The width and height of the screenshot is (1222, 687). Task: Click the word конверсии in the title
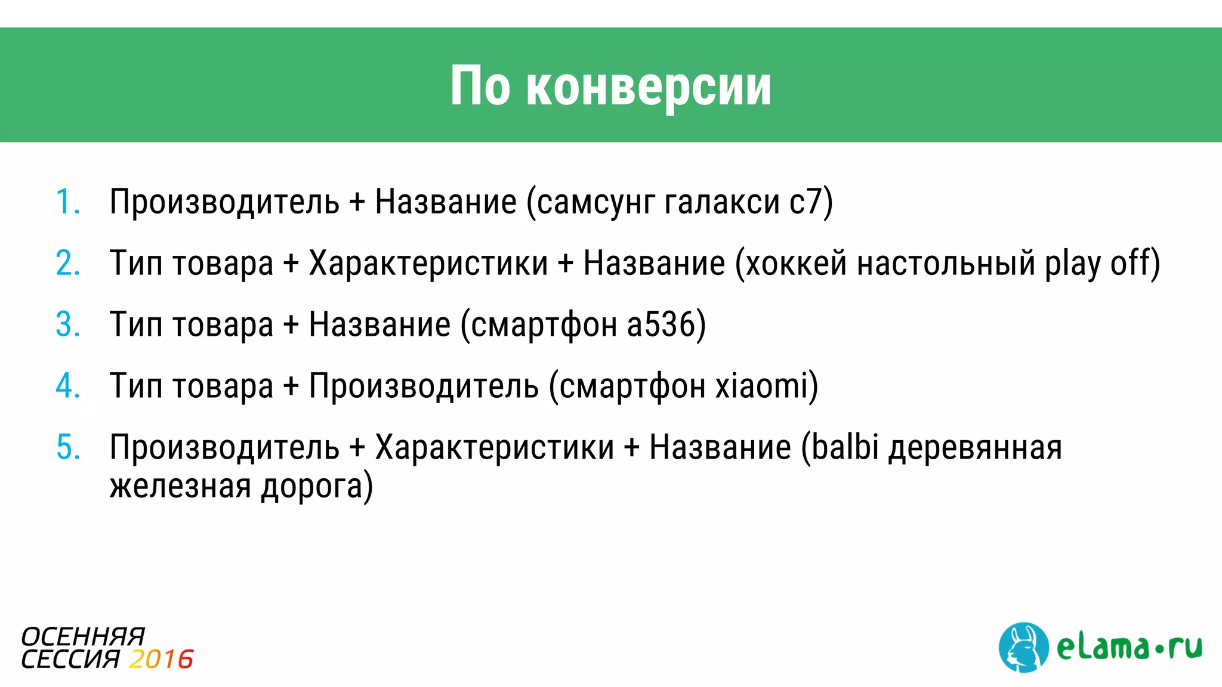pyautogui.click(x=649, y=87)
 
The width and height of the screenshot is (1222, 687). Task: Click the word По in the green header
pyautogui.click(x=480, y=87)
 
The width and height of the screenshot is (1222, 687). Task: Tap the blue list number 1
pyautogui.click(x=67, y=202)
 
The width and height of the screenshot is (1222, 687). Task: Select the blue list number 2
pyautogui.click(x=67, y=263)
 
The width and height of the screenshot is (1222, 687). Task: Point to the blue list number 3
pyautogui.click(x=67, y=324)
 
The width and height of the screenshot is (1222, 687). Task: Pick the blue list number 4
pyautogui.click(x=67, y=386)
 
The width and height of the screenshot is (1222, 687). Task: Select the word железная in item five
pyautogui.click(x=180, y=485)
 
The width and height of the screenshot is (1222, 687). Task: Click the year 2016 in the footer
pyautogui.click(x=161, y=660)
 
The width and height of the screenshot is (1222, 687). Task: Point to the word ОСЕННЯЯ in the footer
pyautogui.click(x=83, y=637)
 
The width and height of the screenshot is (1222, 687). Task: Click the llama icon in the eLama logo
pyautogui.click(x=1023, y=648)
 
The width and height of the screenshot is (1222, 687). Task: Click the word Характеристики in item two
pyautogui.click(x=428, y=263)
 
